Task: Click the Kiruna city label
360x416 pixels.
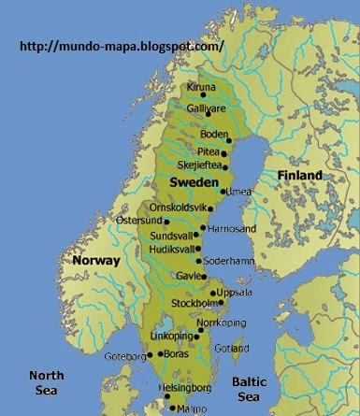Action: [200, 88]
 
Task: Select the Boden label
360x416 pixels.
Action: [213, 135]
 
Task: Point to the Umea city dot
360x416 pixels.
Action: [222, 191]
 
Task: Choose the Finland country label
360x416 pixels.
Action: [298, 175]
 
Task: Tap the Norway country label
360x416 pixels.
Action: [97, 261]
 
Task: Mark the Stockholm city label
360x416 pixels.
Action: [194, 304]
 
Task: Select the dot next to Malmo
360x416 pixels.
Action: [170, 408]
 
